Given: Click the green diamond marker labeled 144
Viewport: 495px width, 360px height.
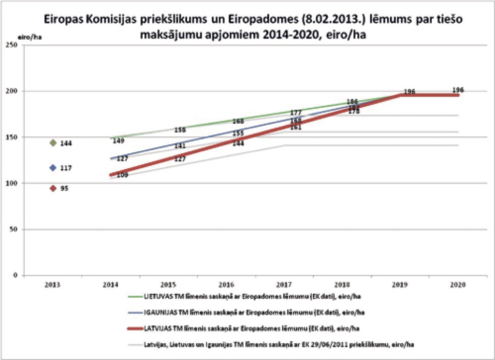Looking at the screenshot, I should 53,143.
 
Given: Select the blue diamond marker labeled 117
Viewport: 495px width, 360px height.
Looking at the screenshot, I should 53,168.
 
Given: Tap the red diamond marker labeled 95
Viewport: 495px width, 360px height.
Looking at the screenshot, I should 53,188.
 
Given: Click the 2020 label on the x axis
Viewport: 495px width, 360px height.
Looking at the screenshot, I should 458,285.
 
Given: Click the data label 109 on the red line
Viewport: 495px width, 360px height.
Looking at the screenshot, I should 122,175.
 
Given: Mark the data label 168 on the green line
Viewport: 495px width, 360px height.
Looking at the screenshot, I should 238,121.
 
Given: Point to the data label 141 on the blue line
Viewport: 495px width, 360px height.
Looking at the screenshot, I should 180,146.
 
